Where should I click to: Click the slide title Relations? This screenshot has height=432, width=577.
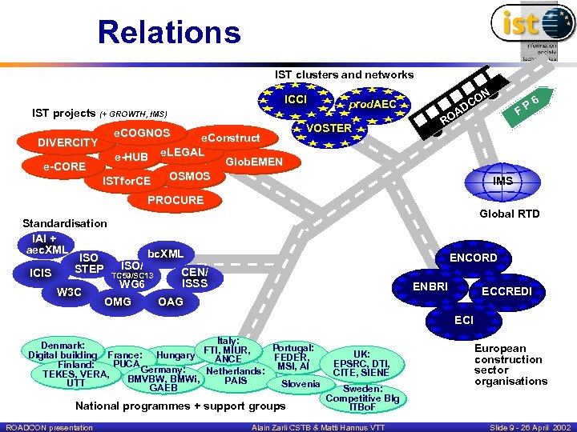click(x=168, y=33)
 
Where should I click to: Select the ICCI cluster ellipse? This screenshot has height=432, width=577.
click(x=296, y=100)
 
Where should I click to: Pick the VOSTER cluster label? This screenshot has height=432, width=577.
click(x=329, y=128)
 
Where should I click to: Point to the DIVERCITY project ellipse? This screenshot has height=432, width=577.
click(x=68, y=143)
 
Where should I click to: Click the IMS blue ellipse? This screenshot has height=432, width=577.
click(x=502, y=182)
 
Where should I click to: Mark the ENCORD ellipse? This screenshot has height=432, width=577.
click(x=473, y=258)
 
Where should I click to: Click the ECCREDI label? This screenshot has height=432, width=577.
click(x=506, y=291)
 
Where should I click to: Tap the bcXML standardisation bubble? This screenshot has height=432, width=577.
click(x=165, y=254)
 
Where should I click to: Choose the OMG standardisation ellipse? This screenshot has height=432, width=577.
click(x=118, y=302)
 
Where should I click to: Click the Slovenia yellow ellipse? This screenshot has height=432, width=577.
click(x=301, y=384)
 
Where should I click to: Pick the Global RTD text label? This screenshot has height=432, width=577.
click(x=509, y=214)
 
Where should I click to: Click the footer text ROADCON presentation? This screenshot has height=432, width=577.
click(x=48, y=427)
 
